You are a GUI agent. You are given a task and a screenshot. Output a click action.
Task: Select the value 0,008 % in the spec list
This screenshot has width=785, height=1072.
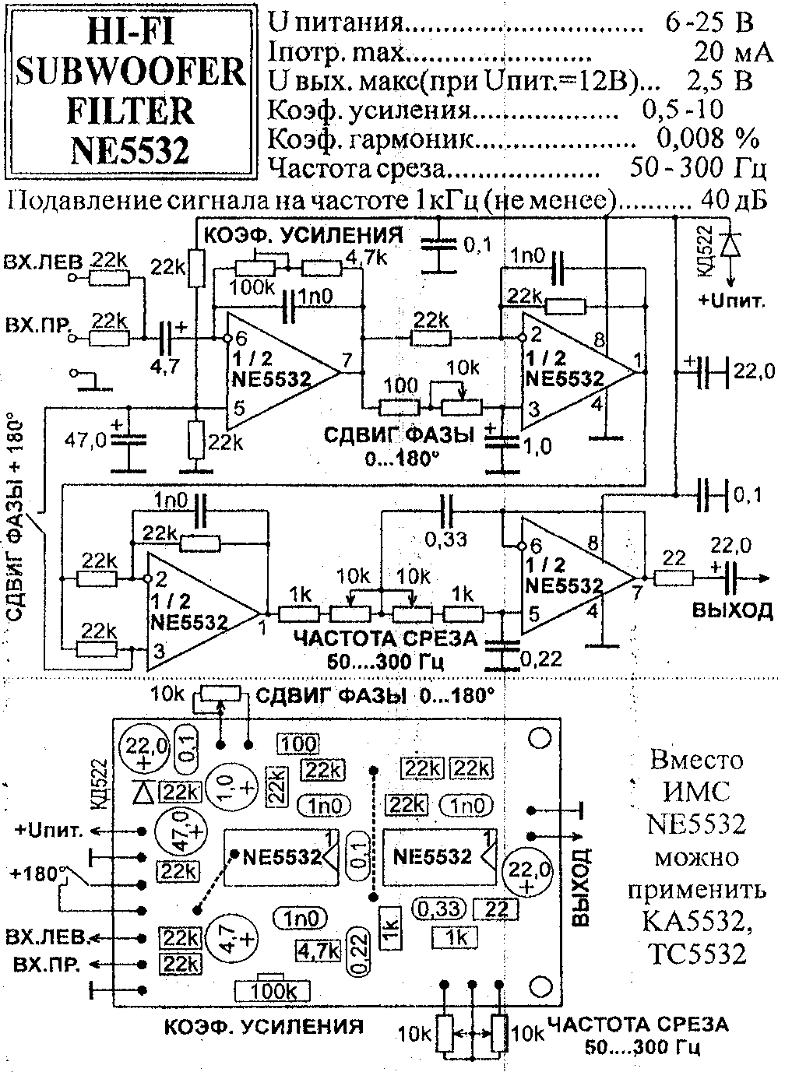coord(707,139)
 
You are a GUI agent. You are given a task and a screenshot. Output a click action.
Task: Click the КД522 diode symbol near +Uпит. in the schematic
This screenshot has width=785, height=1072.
coord(730,244)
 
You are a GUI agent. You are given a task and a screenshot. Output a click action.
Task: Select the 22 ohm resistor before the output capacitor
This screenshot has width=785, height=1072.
coord(674,577)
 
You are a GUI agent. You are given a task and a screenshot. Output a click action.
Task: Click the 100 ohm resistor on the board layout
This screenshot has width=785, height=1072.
coord(298,745)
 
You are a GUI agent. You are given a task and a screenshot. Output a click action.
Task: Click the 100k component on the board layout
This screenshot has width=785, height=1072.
coord(271,990)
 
